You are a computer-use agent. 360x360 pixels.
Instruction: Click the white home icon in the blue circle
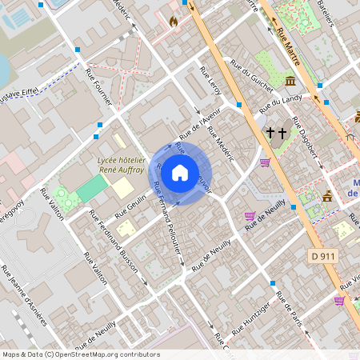pyautogui.click(x=180, y=172)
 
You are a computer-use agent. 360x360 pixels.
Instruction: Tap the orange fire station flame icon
pyautogui.click(x=174, y=22)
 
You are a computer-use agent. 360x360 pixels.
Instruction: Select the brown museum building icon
pyautogui.click(x=289, y=82)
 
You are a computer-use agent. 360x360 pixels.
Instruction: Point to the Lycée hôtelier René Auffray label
pyautogui.click(x=121, y=165)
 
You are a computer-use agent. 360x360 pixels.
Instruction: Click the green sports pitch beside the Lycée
pyautogui.click(x=92, y=189)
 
